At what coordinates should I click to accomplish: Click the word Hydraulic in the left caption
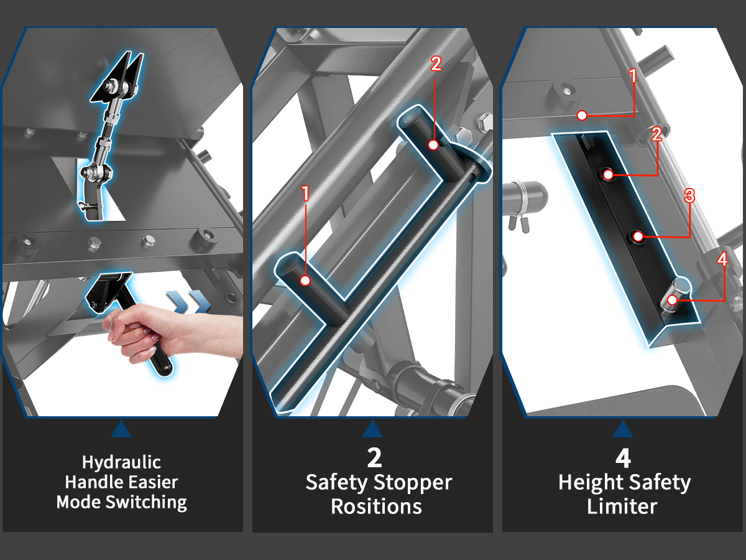coord(122,463)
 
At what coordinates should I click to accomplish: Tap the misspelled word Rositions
coord(376,506)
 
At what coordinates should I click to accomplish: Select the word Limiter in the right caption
coord(622,506)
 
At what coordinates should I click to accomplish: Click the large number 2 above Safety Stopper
coord(374,458)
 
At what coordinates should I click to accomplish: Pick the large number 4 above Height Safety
coord(623,458)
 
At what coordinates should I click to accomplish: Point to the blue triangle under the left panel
coord(122,429)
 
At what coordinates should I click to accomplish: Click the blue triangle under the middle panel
coord(372,429)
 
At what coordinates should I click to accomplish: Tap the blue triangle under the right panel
coord(623,429)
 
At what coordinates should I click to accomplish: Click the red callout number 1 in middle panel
coord(305,194)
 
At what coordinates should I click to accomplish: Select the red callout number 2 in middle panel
coord(436,64)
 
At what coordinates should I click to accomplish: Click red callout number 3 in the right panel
coord(688,196)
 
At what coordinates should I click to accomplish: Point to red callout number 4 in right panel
coord(722,259)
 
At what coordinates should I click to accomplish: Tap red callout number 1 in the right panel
coord(633,77)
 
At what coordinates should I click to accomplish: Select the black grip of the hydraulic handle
coord(160,361)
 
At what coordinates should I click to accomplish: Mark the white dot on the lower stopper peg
coord(305,281)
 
